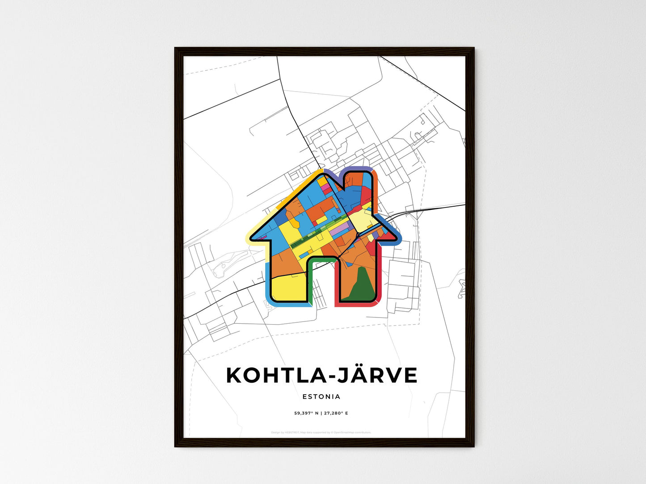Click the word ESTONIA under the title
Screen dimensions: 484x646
[x=321, y=396]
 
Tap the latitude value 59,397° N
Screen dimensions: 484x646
[x=306, y=413]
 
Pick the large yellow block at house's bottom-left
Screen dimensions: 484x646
[x=288, y=288]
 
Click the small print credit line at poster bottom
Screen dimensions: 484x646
[x=321, y=432]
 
